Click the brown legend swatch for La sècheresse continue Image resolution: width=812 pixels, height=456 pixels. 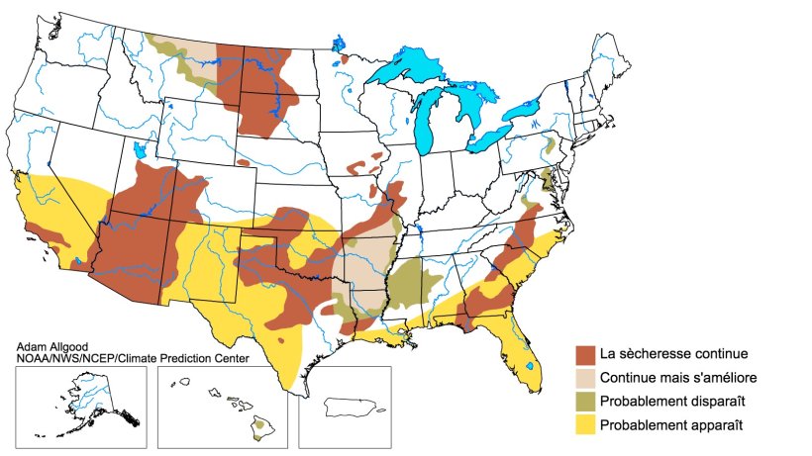(x=585, y=354)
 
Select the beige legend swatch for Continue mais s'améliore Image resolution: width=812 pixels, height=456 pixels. (x=585, y=378)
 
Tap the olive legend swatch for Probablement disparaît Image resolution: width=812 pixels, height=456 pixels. (x=585, y=402)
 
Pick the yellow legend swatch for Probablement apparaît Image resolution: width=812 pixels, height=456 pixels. (x=585, y=425)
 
